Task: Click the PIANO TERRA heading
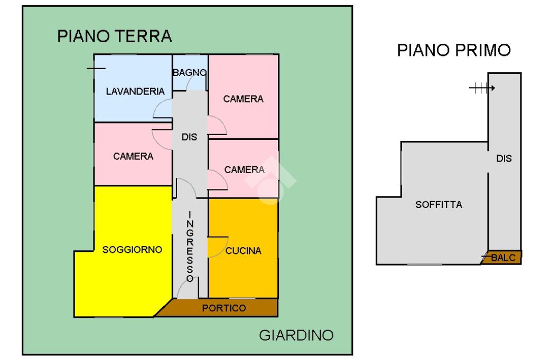tap(115, 36)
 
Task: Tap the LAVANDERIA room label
tap(135, 91)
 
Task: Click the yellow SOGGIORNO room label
tap(132, 250)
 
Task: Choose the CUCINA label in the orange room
tap(244, 251)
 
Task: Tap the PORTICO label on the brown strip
tap(224, 308)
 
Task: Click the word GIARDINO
tap(296, 336)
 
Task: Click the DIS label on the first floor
tap(504, 158)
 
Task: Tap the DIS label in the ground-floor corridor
tap(189, 137)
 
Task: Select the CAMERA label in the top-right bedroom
tap(243, 99)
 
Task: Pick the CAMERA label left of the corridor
tap(133, 156)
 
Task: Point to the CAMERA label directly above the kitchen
tap(244, 169)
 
